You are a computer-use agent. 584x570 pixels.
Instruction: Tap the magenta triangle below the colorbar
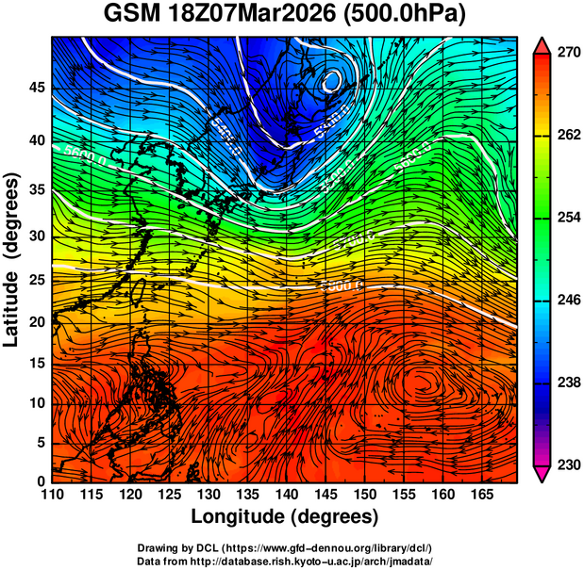tap(542, 474)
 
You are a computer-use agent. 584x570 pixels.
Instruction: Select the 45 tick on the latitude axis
tap(37, 88)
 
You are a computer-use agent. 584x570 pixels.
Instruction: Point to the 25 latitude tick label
tap(37, 280)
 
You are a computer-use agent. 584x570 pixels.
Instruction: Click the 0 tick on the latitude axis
tap(42, 481)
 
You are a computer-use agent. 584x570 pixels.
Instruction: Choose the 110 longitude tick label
tap(52, 496)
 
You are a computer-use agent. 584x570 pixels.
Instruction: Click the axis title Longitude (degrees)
tap(285, 516)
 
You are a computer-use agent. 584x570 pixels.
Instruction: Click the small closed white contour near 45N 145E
tap(331, 80)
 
